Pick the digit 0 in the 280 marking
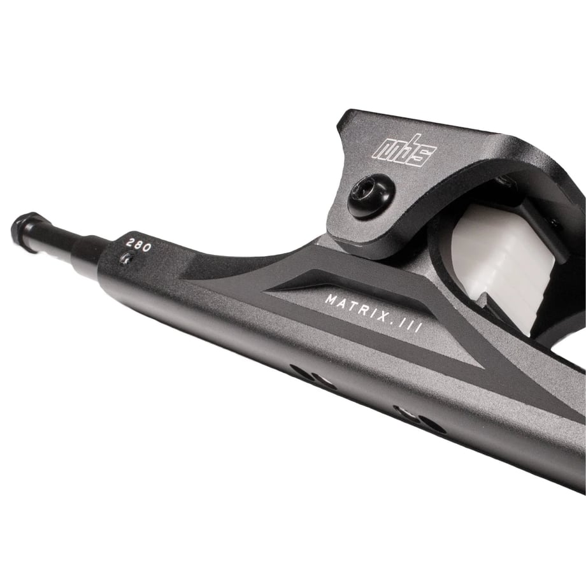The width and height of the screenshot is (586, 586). click(147, 247)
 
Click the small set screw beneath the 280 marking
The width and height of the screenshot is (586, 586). click(126, 258)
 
